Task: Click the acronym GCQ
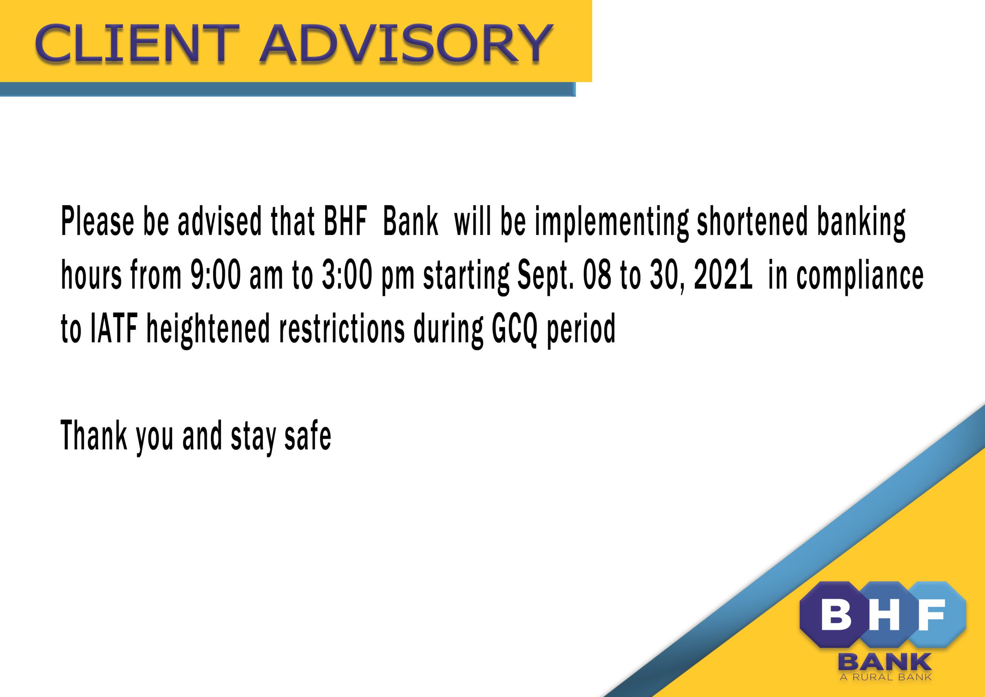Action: click(x=514, y=328)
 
